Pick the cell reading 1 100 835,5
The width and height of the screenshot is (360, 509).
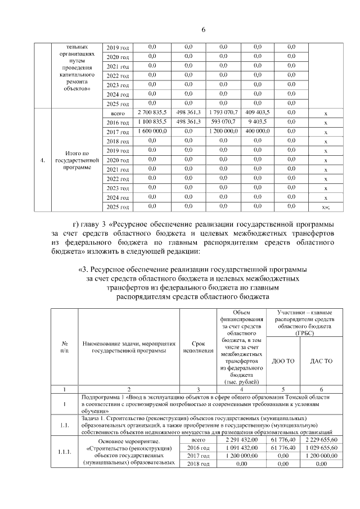pyautogui.click(x=152, y=121)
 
